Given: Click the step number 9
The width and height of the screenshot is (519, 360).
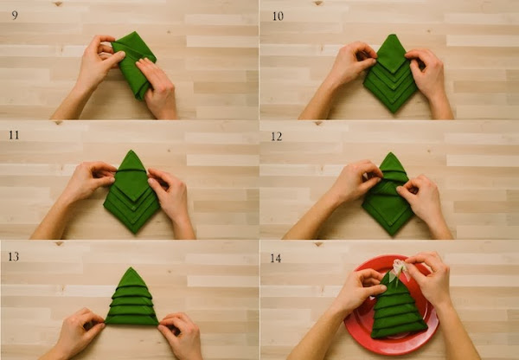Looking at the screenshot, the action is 15,16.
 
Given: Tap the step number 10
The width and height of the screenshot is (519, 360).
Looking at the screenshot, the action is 278,16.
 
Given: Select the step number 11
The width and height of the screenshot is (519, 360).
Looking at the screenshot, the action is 14,135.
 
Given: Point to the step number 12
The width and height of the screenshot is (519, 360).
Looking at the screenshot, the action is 277,137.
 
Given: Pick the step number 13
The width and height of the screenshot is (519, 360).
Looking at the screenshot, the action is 13,256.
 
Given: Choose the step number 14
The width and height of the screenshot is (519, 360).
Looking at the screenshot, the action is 276,258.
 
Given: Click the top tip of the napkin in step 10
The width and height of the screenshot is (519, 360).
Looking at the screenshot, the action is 393,35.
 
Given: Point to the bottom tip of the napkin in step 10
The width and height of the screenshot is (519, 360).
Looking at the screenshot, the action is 393,113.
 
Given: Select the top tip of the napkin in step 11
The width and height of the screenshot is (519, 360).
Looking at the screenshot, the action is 131,151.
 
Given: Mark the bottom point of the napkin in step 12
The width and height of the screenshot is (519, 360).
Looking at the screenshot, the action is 393,235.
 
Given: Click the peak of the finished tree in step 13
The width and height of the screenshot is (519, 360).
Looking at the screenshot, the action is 131,267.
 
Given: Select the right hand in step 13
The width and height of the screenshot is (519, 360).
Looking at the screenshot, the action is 181,336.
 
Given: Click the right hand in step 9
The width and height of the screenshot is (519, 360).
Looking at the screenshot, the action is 157,87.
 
